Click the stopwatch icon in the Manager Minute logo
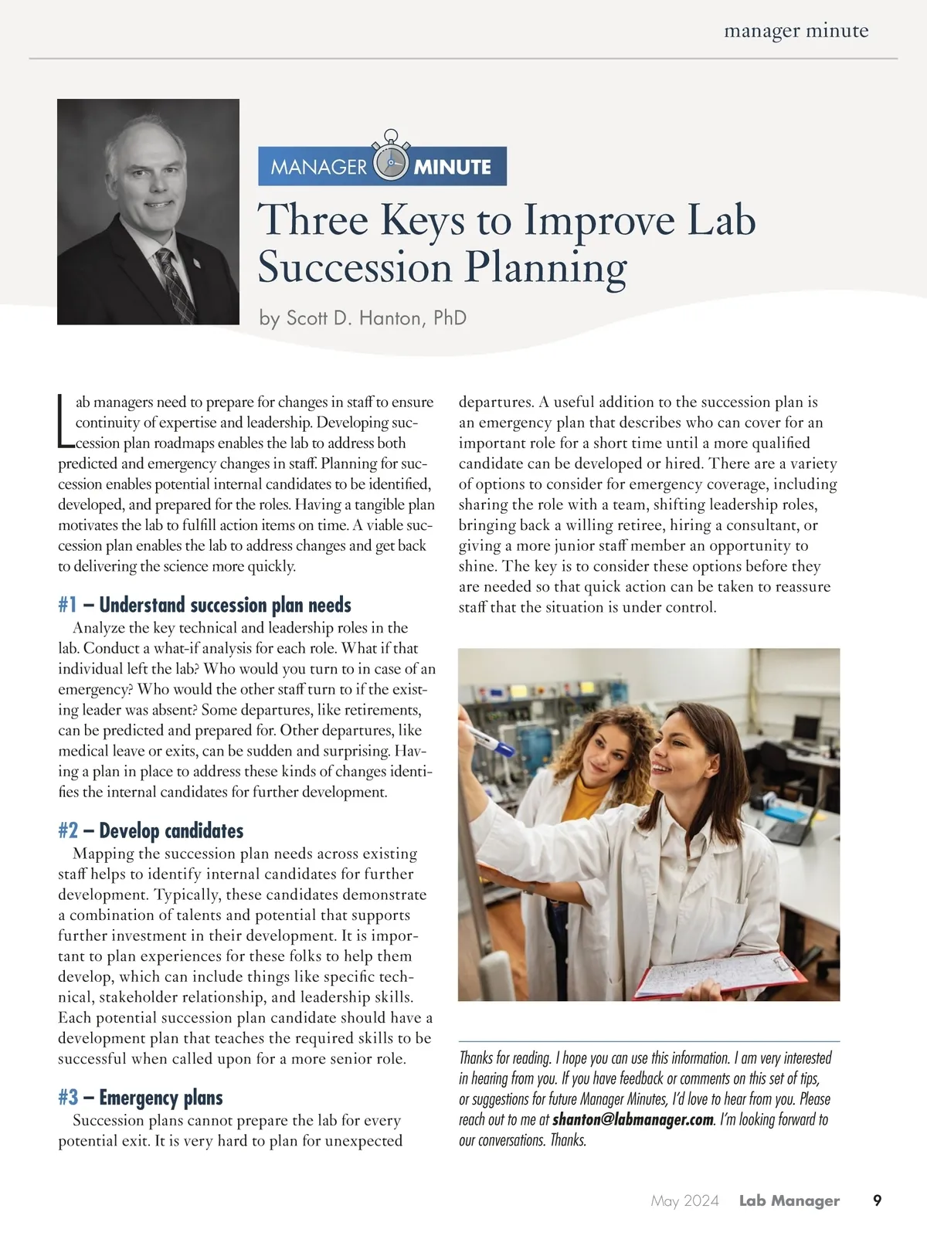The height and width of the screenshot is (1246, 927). tap(390, 160)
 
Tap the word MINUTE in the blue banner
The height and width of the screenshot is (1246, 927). tap(453, 167)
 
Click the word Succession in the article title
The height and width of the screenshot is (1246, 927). tap(355, 268)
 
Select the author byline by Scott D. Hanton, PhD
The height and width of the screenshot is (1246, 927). tap(362, 318)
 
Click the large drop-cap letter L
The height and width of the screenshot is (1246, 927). tap(65, 422)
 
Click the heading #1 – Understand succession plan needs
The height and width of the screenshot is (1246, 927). tap(205, 605)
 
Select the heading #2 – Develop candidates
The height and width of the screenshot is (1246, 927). tap(151, 831)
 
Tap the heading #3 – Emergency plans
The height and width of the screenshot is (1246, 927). tap(141, 1098)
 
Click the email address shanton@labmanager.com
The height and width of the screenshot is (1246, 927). tap(633, 1119)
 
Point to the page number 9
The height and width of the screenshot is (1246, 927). tap(877, 1200)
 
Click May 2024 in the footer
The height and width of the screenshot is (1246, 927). tap(684, 1200)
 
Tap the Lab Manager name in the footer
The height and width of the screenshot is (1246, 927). tap(789, 1200)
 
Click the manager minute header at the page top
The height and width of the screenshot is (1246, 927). tap(796, 32)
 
